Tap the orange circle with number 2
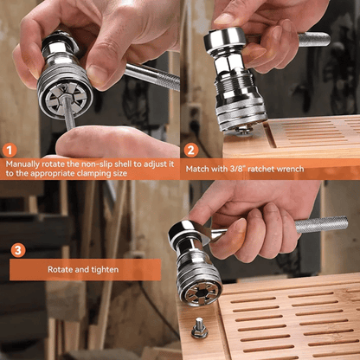(x=190, y=149)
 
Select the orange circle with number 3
(x=17, y=251)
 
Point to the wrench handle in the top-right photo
(x=312, y=39)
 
